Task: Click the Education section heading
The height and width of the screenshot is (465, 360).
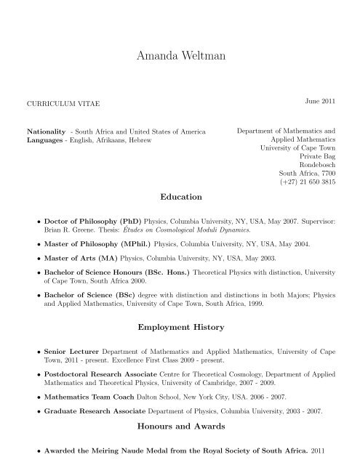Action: [180, 196]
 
